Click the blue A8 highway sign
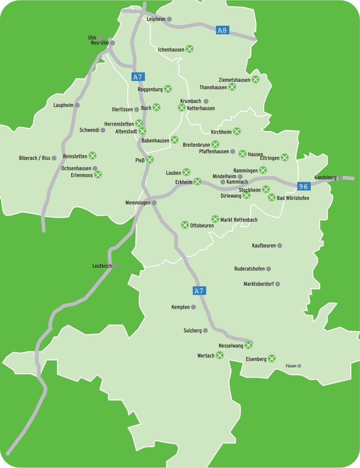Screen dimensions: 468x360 pyautogui.click(x=222, y=30)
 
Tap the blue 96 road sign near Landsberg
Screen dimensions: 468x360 pyautogui.click(x=304, y=186)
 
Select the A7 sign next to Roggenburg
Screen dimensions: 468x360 pyautogui.click(x=137, y=77)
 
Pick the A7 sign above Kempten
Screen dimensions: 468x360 pyautogui.click(x=199, y=291)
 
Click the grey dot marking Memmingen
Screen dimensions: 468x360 pyautogui.click(x=154, y=203)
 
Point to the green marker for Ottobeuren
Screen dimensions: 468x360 pyautogui.click(x=185, y=225)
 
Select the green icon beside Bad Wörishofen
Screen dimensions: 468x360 pyautogui.click(x=271, y=197)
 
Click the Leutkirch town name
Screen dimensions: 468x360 pyautogui.click(x=102, y=266)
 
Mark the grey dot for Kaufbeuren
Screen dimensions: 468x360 pyautogui.click(x=280, y=245)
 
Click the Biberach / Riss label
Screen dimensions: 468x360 pyautogui.click(x=34, y=158)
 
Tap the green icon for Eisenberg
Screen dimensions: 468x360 pyautogui.click(x=272, y=358)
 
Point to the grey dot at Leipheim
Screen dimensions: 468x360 pyautogui.click(x=170, y=19)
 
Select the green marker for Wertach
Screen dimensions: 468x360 pyautogui.click(x=220, y=355)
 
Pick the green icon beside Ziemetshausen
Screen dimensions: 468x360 pyautogui.click(x=255, y=80)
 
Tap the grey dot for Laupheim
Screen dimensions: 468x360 pyautogui.click(x=77, y=105)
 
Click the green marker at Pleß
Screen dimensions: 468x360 pyautogui.click(x=150, y=160)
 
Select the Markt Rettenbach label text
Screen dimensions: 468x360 pyautogui.click(x=239, y=220)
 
